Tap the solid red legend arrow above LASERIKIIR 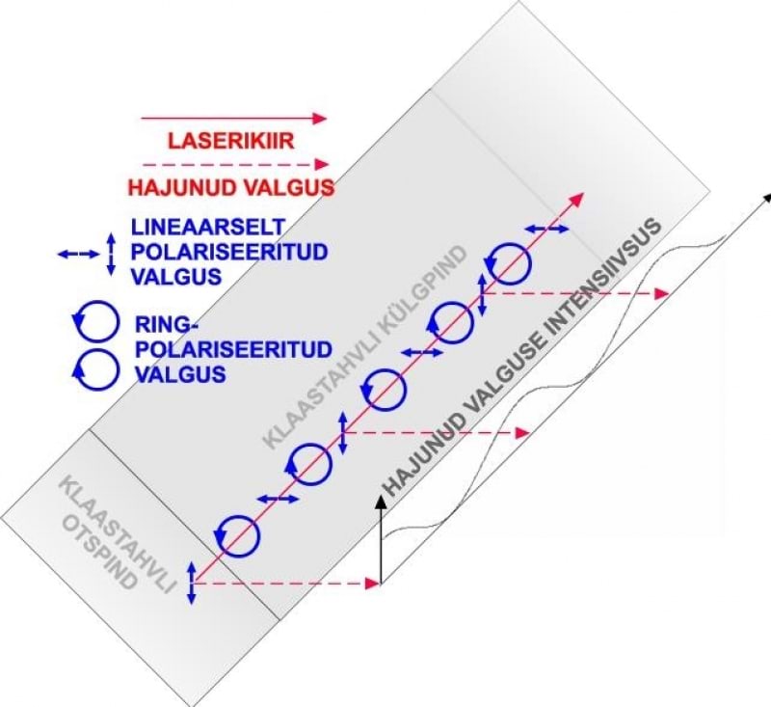point(235,118)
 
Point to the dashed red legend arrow point(235,164)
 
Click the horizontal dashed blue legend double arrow point(78,255)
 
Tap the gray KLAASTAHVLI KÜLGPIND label point(366,347)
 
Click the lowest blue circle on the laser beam point(238,534)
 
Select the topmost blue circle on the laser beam point(507,259)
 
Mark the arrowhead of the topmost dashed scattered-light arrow point(662,292)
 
